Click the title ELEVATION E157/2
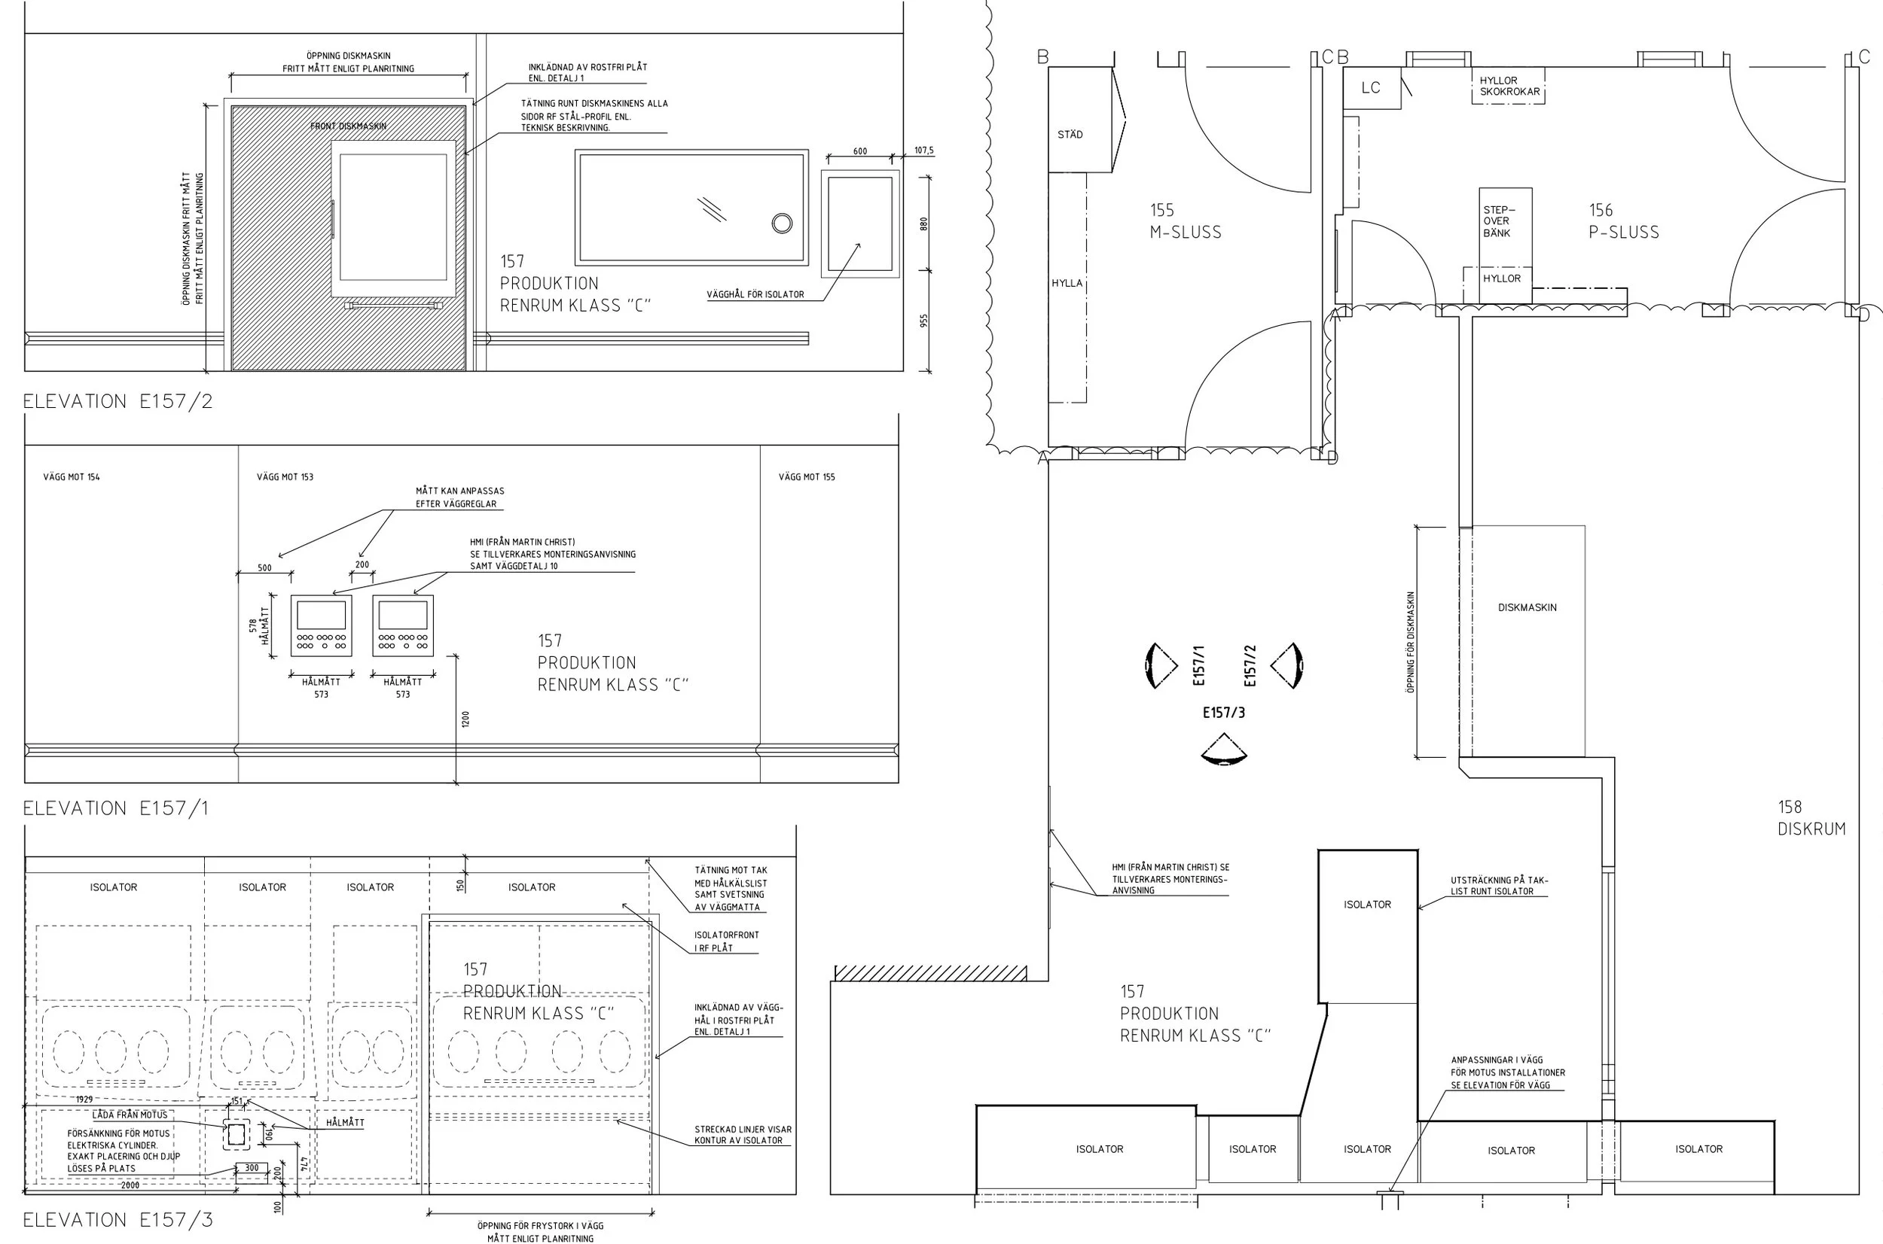(118, 401)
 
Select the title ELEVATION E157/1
(116, 808)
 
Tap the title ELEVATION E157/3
(118, 1220)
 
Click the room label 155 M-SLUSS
(1186, 221)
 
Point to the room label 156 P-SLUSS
(1623, 221)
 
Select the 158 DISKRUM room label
(1811, 818)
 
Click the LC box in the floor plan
(1371, 88)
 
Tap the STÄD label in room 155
(1070, 135)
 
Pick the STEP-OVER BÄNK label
(1498, 221)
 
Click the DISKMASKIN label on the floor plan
(1527, 608)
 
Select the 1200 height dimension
(465, 719)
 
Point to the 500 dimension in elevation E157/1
(264, 568)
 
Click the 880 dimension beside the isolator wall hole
(923, 224)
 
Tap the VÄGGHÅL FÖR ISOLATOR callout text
(755, 294)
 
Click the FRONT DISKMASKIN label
(348, 126)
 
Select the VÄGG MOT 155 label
(807, 477)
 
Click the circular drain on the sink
(782, 223)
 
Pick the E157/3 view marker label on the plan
(1223, 713)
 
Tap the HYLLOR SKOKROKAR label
(1509, 86)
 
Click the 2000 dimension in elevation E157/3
(130, 1185)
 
